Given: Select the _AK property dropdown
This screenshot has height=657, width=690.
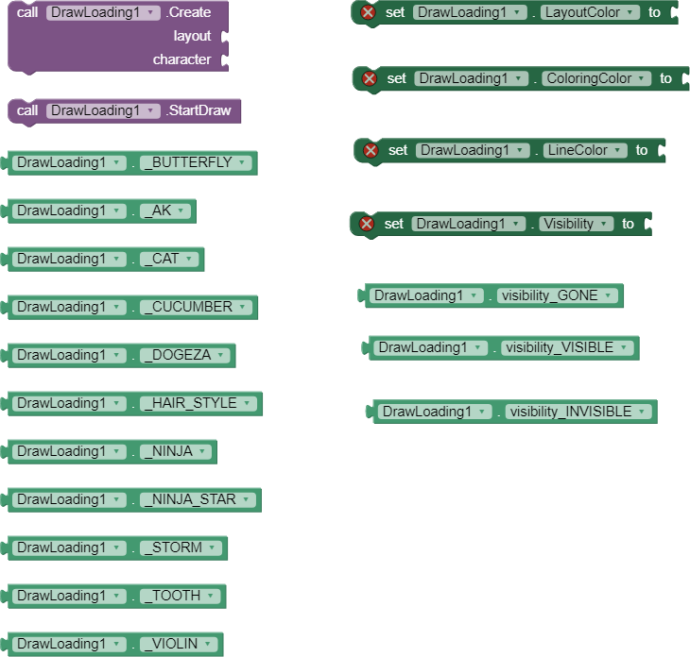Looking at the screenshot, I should (165, 211).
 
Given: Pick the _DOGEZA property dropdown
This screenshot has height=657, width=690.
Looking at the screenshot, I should (185, 355).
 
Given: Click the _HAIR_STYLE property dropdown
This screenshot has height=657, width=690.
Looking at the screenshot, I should (198, 403).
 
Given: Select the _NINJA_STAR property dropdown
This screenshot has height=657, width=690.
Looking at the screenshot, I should (198, 499).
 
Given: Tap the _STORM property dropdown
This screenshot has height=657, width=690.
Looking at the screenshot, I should (181, 547).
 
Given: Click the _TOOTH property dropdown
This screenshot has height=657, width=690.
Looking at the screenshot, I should (181, 596).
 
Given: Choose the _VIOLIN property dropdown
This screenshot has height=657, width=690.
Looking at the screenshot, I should (179, 644).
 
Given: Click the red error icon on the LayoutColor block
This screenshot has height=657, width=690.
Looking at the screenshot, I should (368, 12).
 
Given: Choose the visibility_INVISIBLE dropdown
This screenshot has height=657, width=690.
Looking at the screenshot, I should (578, 412).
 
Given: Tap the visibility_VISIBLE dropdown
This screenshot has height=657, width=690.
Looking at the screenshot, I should (567, 347).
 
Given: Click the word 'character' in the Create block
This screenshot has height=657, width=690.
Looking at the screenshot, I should (181, 59).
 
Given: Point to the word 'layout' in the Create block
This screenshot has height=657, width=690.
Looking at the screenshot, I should (192, 36).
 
